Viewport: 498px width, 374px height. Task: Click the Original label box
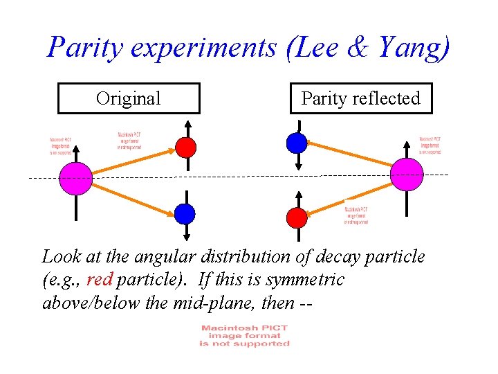(x=129, y=98)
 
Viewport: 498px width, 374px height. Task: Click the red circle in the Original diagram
(x=185, y=147)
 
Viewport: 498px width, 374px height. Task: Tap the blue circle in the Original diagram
(x=185, y=213)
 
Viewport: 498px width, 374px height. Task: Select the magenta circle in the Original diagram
(x=76, y=178)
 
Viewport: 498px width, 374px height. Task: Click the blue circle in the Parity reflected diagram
(x=297, y=143)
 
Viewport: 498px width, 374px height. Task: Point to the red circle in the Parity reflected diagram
(x=297, y=217)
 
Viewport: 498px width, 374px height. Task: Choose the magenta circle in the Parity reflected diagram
(x=407, y=174)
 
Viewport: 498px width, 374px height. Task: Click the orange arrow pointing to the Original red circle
(x=131, y=161)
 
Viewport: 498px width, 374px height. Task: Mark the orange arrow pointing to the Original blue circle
(x=131, y=196)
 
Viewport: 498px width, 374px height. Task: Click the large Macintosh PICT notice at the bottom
(x=243, y=335)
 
